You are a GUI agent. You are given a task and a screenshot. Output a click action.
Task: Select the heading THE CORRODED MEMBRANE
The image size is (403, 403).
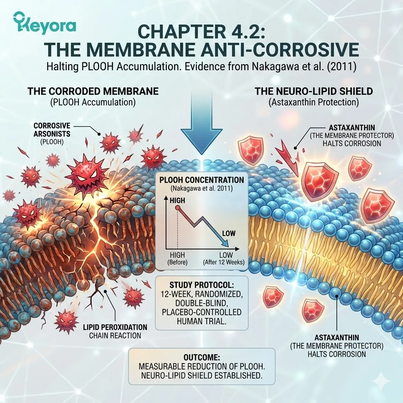(93, 92)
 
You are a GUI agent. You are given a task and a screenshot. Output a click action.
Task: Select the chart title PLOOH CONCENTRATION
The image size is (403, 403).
(202, 180)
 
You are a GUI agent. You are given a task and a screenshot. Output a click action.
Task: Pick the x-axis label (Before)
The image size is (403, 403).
(177, 262)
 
